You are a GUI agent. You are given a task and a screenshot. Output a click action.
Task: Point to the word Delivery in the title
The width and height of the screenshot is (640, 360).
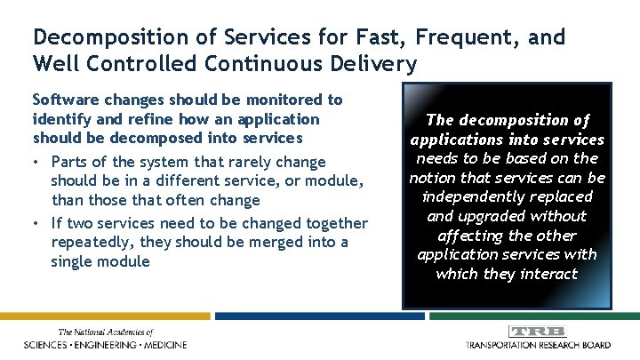(x=378, y=63)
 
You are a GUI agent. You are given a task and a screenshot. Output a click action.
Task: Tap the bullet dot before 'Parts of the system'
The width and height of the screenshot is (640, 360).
(x=37, y=162)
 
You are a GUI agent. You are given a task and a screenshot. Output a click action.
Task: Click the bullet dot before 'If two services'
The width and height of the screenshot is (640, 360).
(x=37, y=223)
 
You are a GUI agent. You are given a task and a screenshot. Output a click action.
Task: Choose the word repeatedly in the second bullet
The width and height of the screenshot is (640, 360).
(x=90, y=243)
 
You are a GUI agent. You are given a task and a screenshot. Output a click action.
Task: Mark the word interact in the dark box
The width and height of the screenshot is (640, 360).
(x=549, y=275)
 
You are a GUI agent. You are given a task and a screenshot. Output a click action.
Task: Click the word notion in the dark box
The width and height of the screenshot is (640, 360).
(x=431, y=177)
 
